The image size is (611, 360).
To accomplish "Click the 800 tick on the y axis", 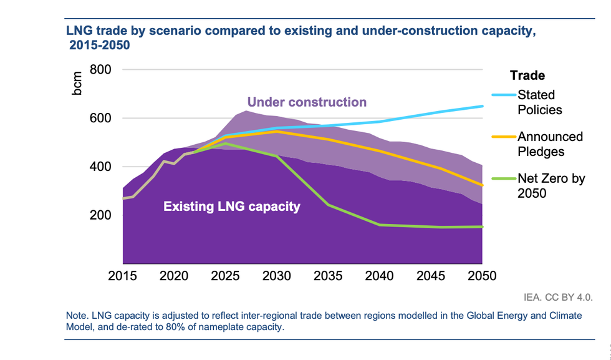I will (x=101, y=69).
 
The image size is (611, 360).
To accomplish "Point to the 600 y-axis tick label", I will (x=101, y=118).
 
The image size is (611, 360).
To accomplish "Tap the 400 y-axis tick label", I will (x=101, y=167).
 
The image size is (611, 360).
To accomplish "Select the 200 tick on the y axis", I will (x=101, y=215).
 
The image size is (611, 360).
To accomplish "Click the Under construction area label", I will (x=307, y=102).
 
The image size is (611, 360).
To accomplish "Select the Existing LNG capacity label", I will (x=232, y=206).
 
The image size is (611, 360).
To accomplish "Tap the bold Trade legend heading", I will (x=527, y=75).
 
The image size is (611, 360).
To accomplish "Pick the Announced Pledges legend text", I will (x=550, y=143).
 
